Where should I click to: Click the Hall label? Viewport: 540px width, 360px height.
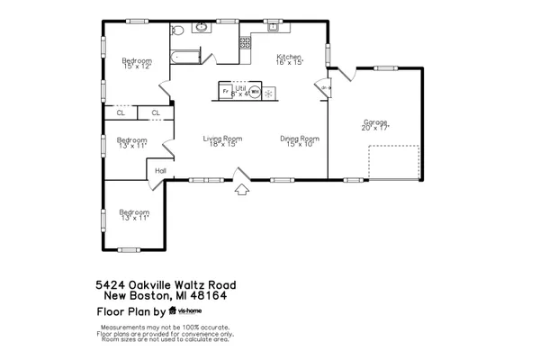point(161,170)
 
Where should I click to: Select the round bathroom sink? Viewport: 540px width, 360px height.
point(200,28)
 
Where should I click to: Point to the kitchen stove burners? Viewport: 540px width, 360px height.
point(245,42)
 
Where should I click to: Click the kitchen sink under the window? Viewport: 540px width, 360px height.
point(272,26)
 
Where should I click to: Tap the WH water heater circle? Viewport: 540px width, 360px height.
point(254,90)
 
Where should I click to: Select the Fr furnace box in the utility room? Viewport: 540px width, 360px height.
point(226,90)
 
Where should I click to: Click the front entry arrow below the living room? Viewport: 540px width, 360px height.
point(241,189)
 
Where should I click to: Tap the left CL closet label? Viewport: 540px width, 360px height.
point(120,112)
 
